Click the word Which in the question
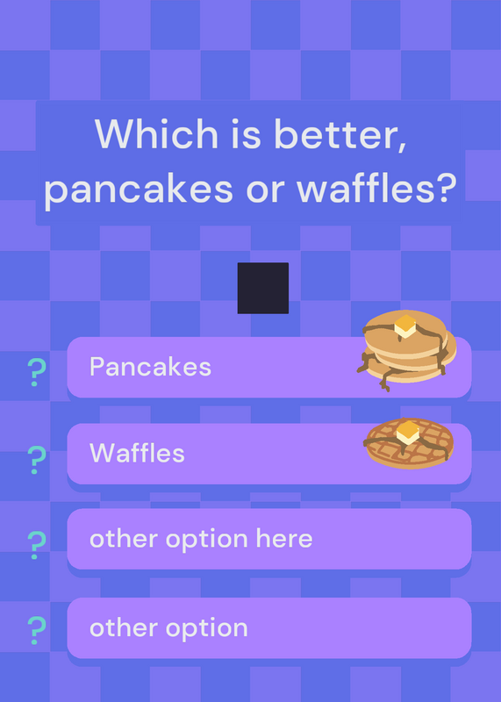(x=156, y=133)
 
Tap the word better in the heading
(x=340, y=134)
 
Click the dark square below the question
(x=263, y=288)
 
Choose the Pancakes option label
(x=150, y=367)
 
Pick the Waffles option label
(x=137, y=453)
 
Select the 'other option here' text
(x=201, y=539)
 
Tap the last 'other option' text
(x=168, y=627)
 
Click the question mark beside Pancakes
(x=37, y=372)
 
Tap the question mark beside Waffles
(x=37, y=460)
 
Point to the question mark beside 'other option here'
(x=37, y=545)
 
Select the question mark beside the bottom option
(x=37, y=630)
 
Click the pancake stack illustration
(x=406, y=350)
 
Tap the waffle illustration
(x=409, y=443)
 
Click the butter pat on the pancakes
(x=405, y=326)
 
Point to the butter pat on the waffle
(x=408, y=433)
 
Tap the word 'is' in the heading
(x=246, y=134)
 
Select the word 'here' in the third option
(x=284, y=538)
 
